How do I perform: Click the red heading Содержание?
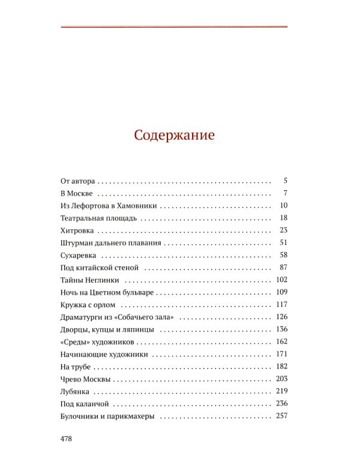coord(174,134)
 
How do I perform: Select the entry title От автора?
coord(79,180)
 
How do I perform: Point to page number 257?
coord(282,416)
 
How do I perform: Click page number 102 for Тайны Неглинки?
coord(282,280)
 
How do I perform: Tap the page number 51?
coord(284,242)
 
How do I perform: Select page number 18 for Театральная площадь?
coord(284,217)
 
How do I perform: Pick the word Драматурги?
coord(84,317)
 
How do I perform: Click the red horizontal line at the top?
coord(174,26)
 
